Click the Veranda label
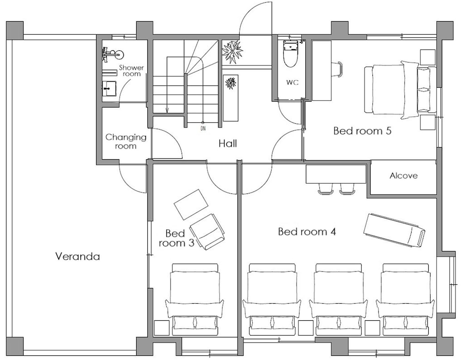[x=77, y=256]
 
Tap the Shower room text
[x=131, y=71]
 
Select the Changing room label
[x=126, y=141]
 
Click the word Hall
[x=228, y=144]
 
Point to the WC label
[x=292, y=83]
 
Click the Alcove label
[x=403, y=176]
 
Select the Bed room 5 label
[x=362, y=131]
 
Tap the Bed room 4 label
[x=306, y=231]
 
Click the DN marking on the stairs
[x=203, y=128]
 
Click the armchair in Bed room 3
[x=207, y=231]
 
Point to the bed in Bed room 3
[x=195, y=299]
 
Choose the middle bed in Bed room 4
[x=338, y=299]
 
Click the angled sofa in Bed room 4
[x=394, y=229]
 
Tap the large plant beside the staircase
[x=232, y=52]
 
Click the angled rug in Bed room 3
[x=191, y=204]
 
